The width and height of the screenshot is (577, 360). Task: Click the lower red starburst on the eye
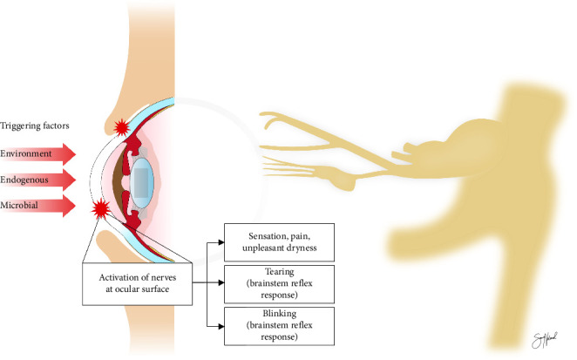101,209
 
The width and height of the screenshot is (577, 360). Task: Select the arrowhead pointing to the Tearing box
220,284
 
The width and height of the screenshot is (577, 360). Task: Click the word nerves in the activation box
161,277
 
